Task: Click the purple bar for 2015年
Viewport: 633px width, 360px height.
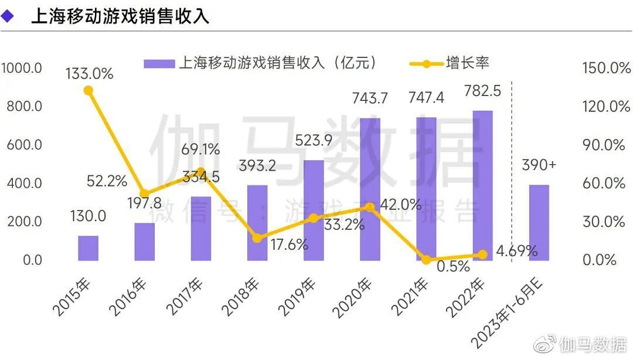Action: [x=88, y=248]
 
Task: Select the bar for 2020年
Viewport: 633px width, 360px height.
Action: [x=370, y=189]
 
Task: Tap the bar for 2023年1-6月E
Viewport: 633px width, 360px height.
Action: [x=539, y=223]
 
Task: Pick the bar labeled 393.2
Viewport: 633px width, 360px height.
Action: [x=257, y=223]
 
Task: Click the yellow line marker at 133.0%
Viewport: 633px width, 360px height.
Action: [x=88, y=90]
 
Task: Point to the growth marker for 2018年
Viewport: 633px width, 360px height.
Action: [x=257, y=238]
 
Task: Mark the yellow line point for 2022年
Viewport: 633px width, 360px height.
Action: [x=482, y=254]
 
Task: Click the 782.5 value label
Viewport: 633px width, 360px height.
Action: [x=482, y=91]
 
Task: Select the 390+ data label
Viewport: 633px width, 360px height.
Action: [x=539, y=166]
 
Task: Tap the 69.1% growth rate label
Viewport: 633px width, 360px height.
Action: [x=200, y=150]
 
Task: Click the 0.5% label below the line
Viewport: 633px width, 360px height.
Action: [x=454, y=267]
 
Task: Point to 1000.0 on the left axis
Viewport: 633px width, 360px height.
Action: [x=22, y=68]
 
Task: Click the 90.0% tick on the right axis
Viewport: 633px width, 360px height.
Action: [x=606, y=145]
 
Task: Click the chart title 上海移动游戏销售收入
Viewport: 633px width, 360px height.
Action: [x=120, y=16]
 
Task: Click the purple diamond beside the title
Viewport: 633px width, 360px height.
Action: [x=8, y=16]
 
